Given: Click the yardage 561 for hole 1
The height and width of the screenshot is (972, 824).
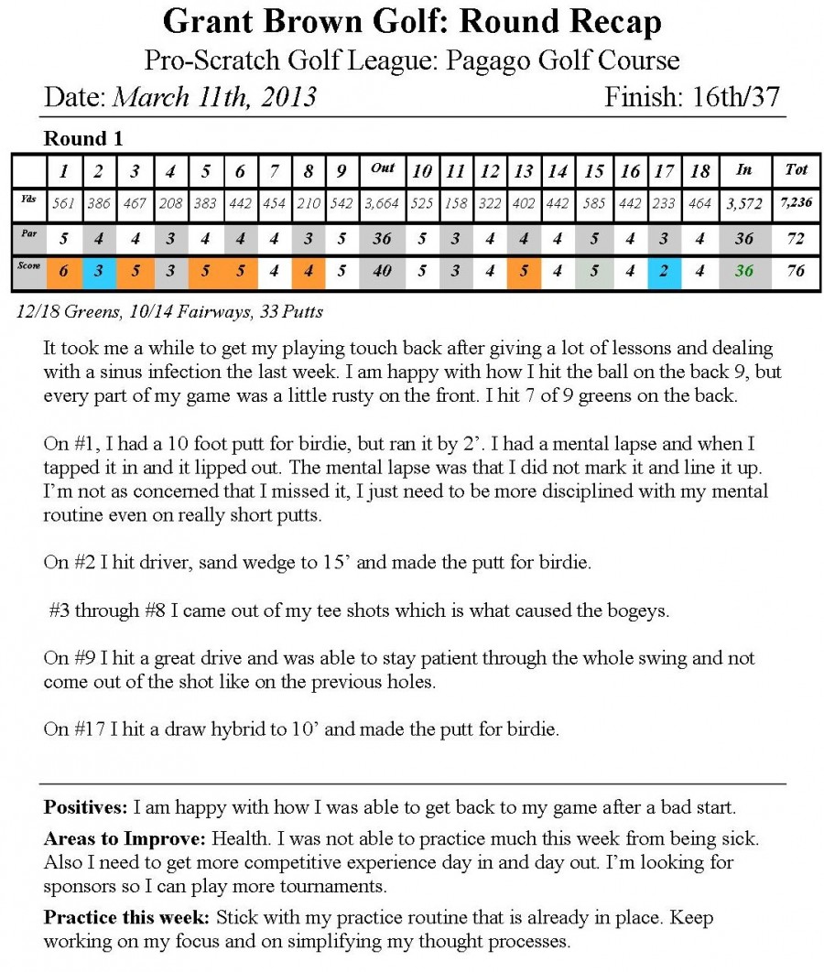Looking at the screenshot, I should [63, 203].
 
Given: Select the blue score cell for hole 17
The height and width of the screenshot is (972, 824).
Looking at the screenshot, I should [665, 272].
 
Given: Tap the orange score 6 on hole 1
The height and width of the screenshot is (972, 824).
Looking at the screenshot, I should [63, 272].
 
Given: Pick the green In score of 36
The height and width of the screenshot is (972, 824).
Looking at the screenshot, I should [743, 272].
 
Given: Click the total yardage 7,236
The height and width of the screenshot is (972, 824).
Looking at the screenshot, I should [796, 203].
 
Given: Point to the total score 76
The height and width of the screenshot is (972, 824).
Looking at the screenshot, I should [796, 272].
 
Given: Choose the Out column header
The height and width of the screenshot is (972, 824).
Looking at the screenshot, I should [382, 168].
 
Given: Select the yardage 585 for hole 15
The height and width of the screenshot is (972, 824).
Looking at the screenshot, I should [594, 203].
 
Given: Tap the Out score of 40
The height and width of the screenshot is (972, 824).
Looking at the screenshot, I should [382, 272].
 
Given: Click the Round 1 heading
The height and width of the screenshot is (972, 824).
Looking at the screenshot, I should [82, 139].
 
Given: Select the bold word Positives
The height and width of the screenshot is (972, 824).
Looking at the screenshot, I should [85, 807].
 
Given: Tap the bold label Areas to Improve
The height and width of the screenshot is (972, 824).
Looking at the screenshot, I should [125, 838].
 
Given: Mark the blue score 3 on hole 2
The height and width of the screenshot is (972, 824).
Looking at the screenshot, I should [98, 272].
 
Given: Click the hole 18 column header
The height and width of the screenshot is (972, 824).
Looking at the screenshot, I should [699, 170].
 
